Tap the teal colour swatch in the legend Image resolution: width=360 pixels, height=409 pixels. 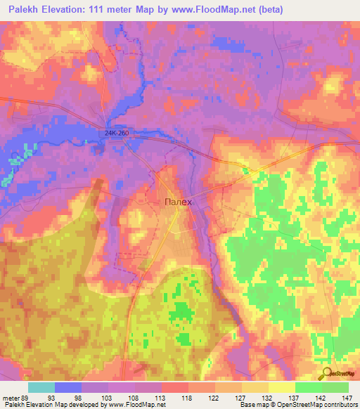tap(41, 387)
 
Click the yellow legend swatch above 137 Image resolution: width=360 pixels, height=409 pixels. tap(282, 387)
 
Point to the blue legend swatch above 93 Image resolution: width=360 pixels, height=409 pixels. tap(68, 387)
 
